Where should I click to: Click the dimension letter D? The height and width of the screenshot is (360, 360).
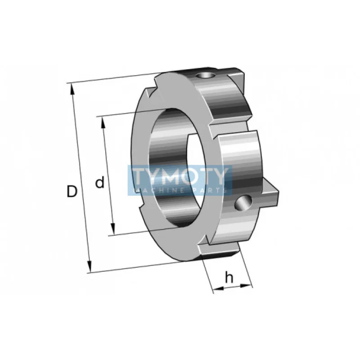tap(72, 191)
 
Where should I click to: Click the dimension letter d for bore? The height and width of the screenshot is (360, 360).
tap(99, 182)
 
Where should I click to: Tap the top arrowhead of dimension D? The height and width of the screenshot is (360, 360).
tap(72, 89)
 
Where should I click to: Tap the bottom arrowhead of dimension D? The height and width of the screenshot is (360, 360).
tap(89, 267)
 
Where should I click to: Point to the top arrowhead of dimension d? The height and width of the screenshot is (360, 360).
tap(103, 122)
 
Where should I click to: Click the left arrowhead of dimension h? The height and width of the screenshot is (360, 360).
tap(219, 288)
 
